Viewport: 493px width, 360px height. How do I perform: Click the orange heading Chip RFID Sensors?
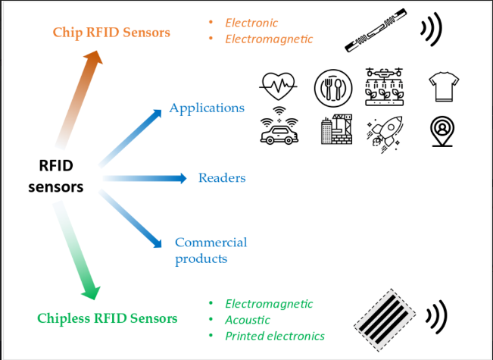111,33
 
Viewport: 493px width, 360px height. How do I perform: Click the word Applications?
207,108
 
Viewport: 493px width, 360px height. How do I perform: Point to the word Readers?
222,178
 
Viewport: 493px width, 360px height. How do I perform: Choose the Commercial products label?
211,250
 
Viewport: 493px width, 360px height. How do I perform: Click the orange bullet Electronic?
251,23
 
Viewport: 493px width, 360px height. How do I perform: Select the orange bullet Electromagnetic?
269,39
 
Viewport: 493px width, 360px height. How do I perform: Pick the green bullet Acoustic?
247,320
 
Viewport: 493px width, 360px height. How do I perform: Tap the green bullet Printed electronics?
275,336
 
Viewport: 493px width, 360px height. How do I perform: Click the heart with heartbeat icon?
278,86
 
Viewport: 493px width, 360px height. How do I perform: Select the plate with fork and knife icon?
330,86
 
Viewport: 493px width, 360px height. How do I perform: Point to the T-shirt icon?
442,86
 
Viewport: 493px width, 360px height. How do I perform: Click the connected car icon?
278,131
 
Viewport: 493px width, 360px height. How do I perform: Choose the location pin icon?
442,131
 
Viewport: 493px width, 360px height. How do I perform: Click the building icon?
336,130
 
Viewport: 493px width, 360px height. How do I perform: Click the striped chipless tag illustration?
385,318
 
